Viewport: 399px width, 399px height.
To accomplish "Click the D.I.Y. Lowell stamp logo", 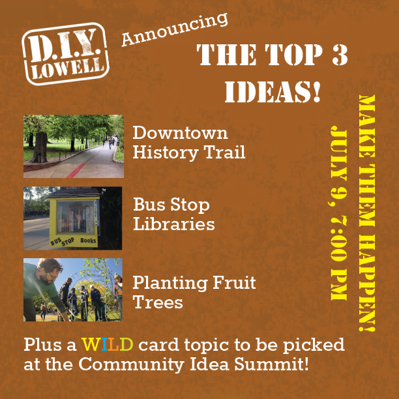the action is (x=65, y=54).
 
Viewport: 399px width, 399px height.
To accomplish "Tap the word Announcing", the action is (x=175, y=29).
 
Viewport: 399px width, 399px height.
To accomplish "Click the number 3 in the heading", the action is (x=339, y=55).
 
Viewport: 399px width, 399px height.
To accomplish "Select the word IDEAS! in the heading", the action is (x=273, y=92).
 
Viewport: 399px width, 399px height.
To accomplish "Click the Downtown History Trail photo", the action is (x=74, y=146).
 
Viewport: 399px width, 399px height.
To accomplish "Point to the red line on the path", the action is (x=77, y=170).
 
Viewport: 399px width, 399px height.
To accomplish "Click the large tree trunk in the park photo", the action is (x=40, y=147).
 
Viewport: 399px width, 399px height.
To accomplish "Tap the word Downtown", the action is (x=180, y=133).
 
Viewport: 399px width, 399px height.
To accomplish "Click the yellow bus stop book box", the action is (x=74, y=222).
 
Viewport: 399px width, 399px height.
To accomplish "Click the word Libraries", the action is (x=174, y=224).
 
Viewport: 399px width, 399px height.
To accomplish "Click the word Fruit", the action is (x=234, y=282).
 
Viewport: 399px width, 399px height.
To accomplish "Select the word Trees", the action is (x=158, y=302).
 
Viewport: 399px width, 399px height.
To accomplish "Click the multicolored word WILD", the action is (x=107, y=344).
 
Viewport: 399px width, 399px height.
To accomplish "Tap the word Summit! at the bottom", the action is (x=271, y=364).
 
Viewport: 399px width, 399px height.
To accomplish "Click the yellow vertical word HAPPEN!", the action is (x=366, y=282).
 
